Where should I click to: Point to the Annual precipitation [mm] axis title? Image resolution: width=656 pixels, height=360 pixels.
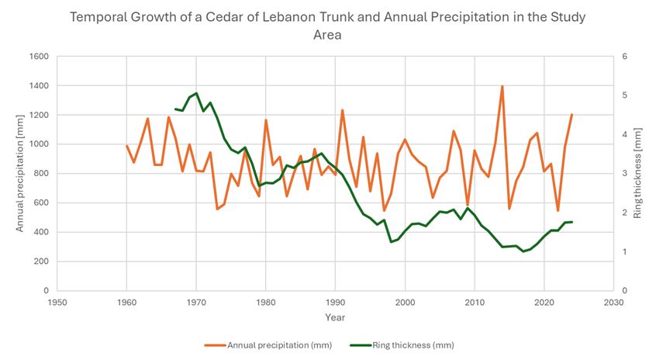click(19, 174)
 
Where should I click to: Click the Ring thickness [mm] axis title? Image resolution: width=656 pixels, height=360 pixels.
click(637, 174)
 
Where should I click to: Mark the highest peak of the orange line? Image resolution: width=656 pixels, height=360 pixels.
click(502, 86)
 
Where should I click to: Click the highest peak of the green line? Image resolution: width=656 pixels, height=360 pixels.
click(196, 93)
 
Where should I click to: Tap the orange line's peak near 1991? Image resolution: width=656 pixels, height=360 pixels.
click(342, 110)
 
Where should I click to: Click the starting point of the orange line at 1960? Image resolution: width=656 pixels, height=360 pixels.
click(126, 145)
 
